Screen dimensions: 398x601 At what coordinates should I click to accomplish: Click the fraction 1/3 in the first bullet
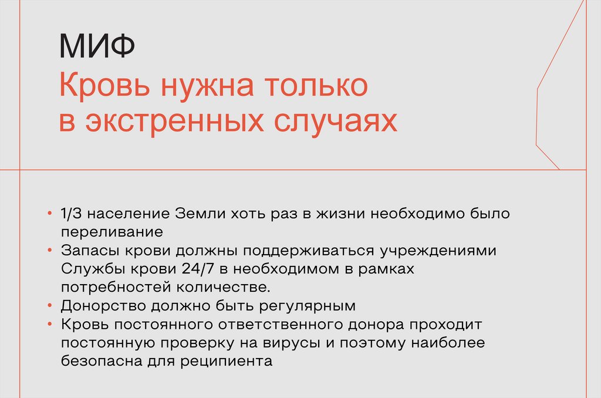pos(72,213)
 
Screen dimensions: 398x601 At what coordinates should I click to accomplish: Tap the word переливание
pos(111,231)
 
